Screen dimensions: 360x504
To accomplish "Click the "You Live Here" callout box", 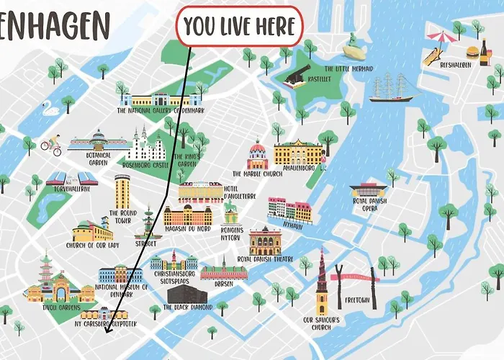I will pos(239,27).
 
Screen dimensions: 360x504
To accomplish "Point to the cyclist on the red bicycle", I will pos(50,146).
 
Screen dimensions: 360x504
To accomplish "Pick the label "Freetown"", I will pos(358,299).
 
